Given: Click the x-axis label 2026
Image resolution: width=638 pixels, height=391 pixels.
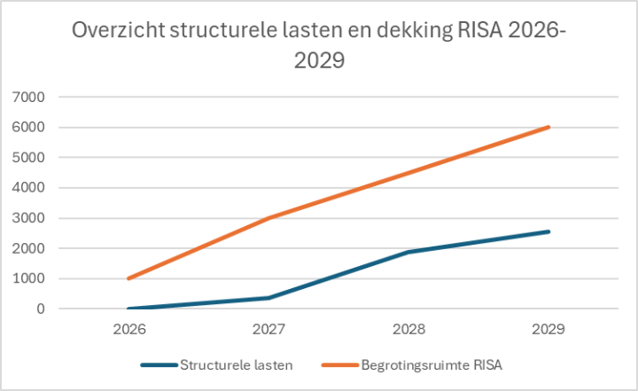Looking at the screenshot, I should [129, 328].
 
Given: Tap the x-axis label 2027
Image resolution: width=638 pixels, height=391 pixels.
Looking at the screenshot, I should [269, 328].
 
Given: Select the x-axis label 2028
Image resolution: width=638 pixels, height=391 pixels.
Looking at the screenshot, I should [409, 328].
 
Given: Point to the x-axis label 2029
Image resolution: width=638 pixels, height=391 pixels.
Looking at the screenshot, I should [549, 328].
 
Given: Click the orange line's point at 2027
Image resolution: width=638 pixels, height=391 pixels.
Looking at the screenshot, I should [269, 218].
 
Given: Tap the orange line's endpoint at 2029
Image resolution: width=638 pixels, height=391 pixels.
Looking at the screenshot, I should [549, 127].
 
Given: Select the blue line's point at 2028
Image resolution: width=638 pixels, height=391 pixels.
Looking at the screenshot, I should [409, 252].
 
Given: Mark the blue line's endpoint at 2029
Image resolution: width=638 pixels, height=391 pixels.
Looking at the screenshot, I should [549, 231].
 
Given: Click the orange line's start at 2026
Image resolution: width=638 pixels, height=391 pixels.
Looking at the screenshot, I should [129, 278].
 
